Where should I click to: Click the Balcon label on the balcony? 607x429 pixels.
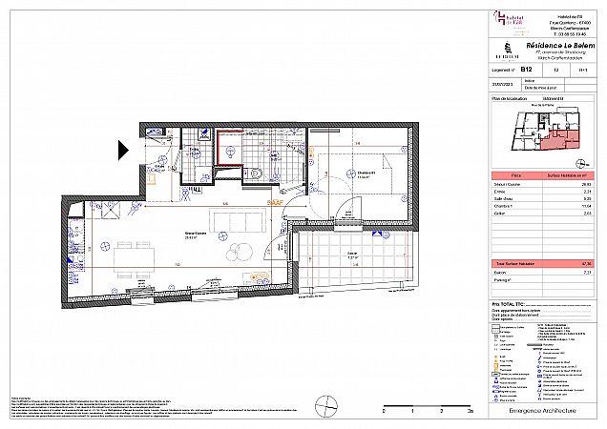point(352,256)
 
